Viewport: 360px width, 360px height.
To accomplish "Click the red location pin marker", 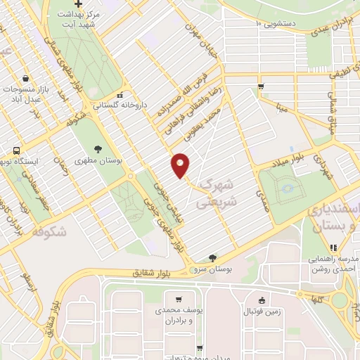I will click(181, 165).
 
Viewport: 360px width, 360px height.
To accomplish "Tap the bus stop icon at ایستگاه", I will click(16, 149).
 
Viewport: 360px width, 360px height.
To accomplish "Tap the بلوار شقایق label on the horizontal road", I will click(151, 273).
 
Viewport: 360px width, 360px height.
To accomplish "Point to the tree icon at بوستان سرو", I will click(212, 258).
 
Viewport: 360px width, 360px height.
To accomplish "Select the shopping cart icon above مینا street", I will click(261, 87).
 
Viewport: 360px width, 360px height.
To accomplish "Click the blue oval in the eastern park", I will click(287, 188).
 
